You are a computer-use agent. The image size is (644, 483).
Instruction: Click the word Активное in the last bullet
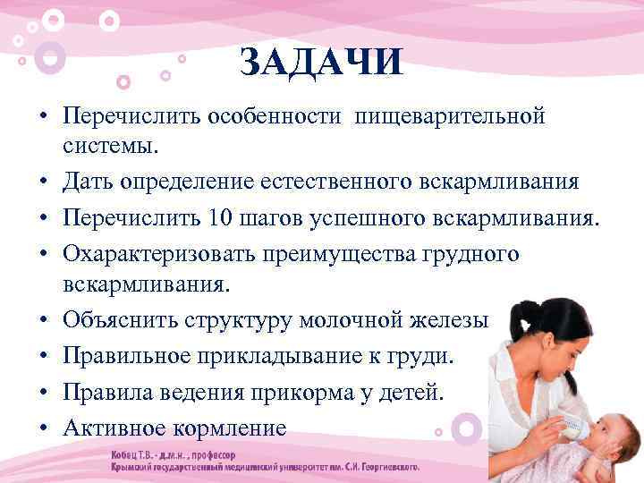pos(113,428)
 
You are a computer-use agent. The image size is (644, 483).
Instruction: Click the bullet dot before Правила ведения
pos(42,393)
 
